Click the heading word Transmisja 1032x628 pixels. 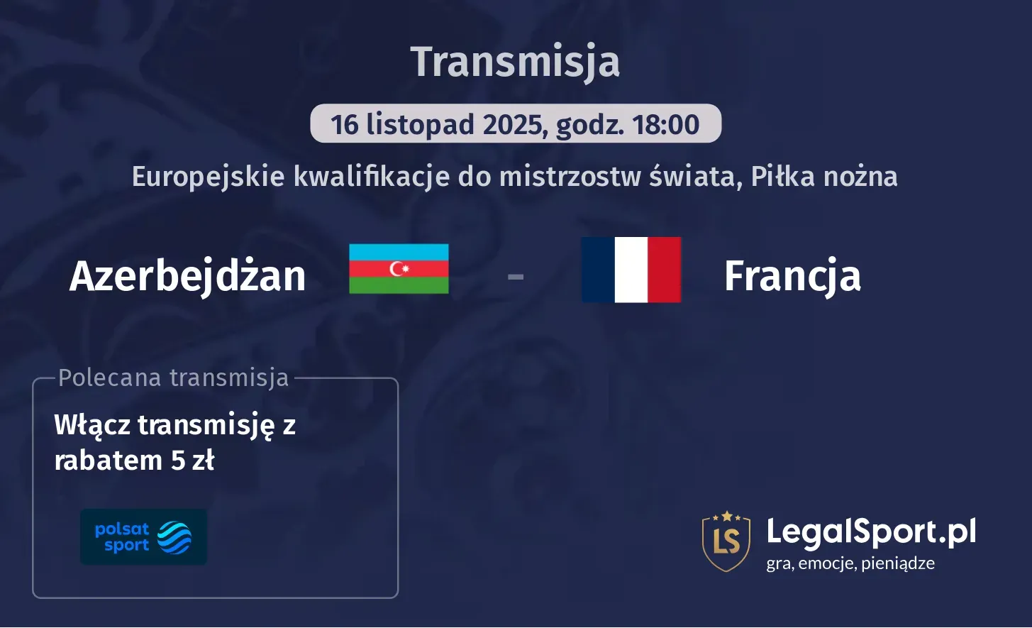[x=515, y=62]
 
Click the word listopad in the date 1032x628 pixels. [x=420, y=124]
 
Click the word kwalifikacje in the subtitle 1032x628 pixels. [x=371, y=177]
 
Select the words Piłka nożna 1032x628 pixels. [x=824, y=177]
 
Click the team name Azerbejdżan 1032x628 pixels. [x=187, y=276]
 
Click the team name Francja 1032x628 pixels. [x=792, y=276]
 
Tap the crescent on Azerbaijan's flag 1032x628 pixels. [x=396, y=268]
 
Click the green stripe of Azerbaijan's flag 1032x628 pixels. [x=399, y=285]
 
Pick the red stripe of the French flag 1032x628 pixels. [x=665, y=270]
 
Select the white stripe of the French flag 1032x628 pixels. [x=631, y=270]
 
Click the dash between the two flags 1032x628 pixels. [x=516, y=276]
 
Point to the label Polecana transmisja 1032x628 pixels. [x=174, y=378]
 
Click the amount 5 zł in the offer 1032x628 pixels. [x=192, y=461]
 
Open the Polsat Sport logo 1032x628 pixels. [x=143, y=537]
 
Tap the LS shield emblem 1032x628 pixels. [x=726, y=541]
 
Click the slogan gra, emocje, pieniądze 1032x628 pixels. [x=850, y=563]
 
